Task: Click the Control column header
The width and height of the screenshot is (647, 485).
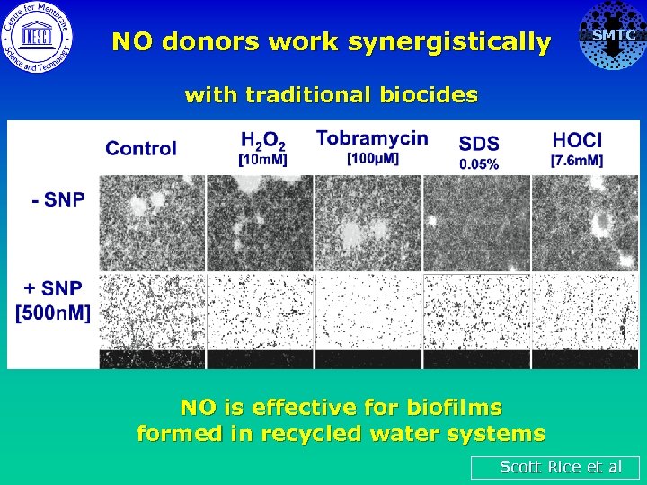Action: pos(141,149)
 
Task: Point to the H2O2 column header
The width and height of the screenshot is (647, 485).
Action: pos(262,141)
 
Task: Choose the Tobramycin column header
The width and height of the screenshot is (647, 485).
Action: pos(372,138)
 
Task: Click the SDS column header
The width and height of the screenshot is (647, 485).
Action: pos(479,144)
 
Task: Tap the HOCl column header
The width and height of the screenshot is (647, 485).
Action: pos(577,141)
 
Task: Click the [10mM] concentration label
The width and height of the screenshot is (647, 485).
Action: pos(262,161)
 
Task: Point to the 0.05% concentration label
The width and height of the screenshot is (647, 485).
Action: pos(479,163)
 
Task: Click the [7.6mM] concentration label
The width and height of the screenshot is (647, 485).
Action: pos(577,161)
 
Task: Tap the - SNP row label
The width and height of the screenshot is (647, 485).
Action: pos(58,200)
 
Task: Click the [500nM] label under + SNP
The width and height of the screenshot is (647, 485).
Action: pos(53,313)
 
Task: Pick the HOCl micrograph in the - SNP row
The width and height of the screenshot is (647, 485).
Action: pos(584,222)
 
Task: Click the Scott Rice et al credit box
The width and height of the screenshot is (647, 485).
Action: pos(555,467)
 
